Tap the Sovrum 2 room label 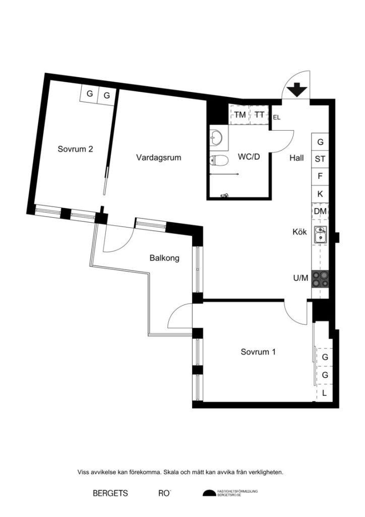75,149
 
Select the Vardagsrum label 158,158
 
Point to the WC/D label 249,157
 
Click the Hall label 296,158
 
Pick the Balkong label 164,258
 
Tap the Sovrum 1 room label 258,352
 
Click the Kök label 299,232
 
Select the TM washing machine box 240,115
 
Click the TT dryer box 259,115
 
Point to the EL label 276,118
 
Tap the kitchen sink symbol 320,235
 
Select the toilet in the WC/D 216,161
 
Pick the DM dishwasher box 320,211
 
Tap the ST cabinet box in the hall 320,159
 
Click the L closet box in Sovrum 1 324,393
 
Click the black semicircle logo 209,493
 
